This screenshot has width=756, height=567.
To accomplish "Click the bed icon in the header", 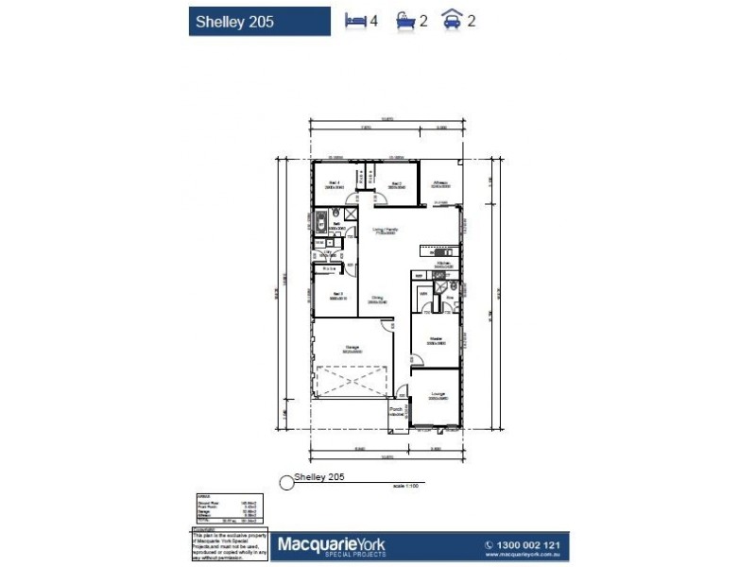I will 356,19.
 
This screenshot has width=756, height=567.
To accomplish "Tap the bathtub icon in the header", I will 406,19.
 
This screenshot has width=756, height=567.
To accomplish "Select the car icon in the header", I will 455,19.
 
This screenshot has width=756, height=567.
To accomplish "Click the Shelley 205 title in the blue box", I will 234,21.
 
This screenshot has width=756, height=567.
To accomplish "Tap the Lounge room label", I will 437,394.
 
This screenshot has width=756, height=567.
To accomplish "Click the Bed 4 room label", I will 334,183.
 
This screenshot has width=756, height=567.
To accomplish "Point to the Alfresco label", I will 440,182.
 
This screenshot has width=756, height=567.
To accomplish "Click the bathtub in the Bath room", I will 320,225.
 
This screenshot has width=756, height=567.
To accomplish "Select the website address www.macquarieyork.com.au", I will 524,558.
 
